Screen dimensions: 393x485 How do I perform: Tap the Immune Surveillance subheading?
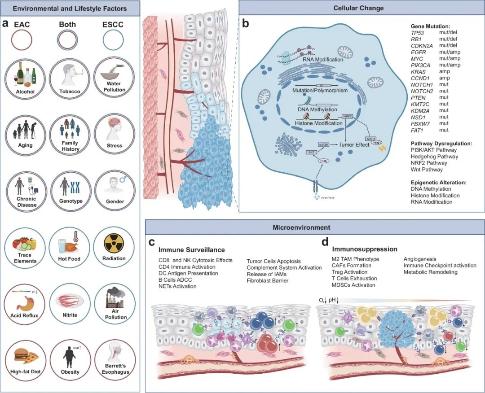coord(191,249)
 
